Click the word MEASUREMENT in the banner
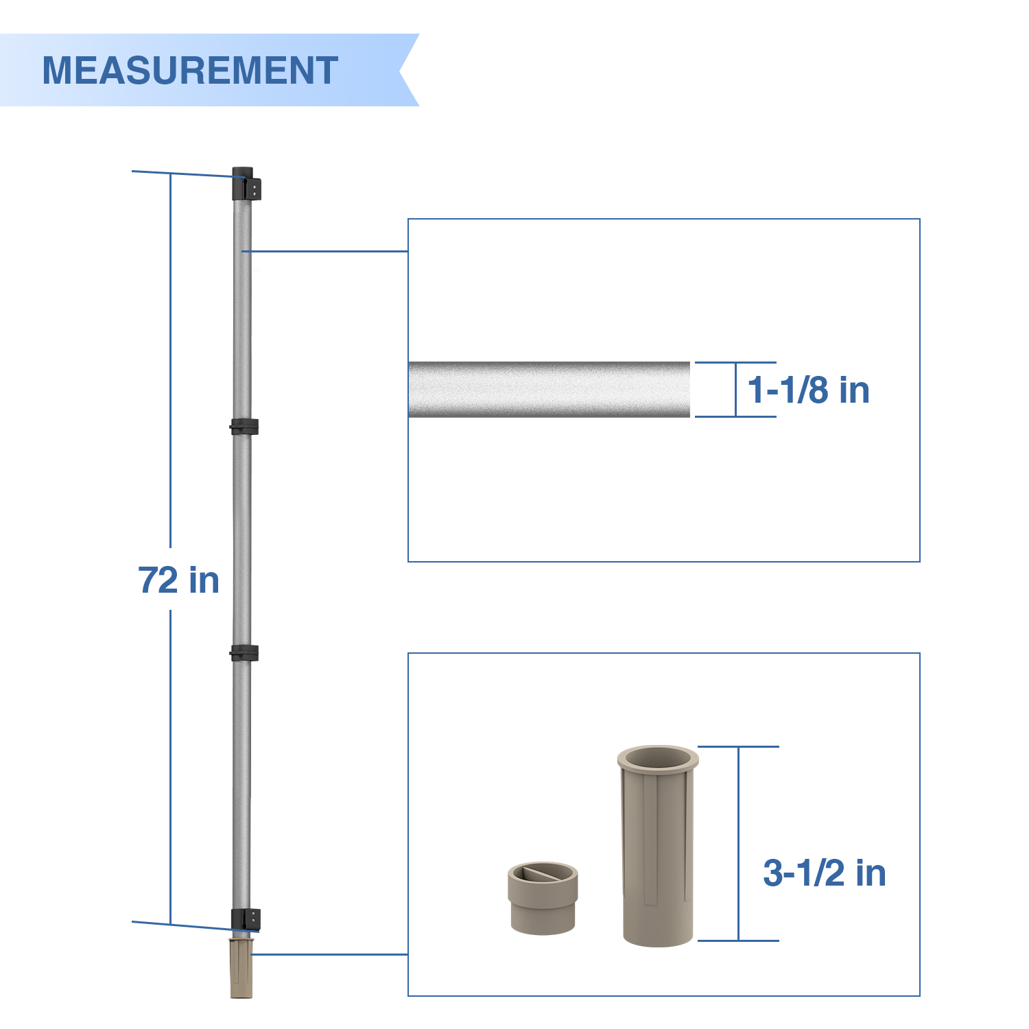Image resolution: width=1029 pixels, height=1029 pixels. click(x=190, y=70)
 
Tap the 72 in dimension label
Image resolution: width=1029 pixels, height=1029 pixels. click(x=178, y=580)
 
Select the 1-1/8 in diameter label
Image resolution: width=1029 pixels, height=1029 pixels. click(x=808, y=390)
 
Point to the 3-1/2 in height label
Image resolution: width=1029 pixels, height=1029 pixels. click(x=825, y=873)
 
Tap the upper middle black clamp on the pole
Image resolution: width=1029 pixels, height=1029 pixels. click(x=244, y=427)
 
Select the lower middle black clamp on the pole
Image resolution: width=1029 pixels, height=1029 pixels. click(x=244, y=653)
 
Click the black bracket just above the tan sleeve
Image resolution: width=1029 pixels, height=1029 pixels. click(x=246, y=920)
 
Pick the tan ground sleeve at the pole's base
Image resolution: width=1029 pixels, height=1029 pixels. click(x=241, y=968)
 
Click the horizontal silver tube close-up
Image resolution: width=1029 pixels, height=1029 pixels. click(x=549, y=389)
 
